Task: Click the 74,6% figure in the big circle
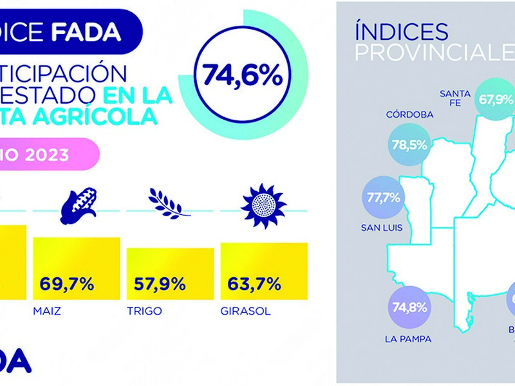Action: [x=243, y=75]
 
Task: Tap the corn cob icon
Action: [x=79, y=201]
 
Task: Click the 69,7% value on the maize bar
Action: [x=66, y=283]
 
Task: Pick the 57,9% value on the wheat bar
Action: [x=160, y=283]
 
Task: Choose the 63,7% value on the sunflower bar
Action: [x=254, y=283]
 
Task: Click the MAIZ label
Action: [x=47, y=311]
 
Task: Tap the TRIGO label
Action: [x=144, y=311]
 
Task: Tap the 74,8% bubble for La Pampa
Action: [x=409, y=306]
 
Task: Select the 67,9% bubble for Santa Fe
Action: [x=496, y=100]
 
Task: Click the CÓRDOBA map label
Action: [x=409, y=115]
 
